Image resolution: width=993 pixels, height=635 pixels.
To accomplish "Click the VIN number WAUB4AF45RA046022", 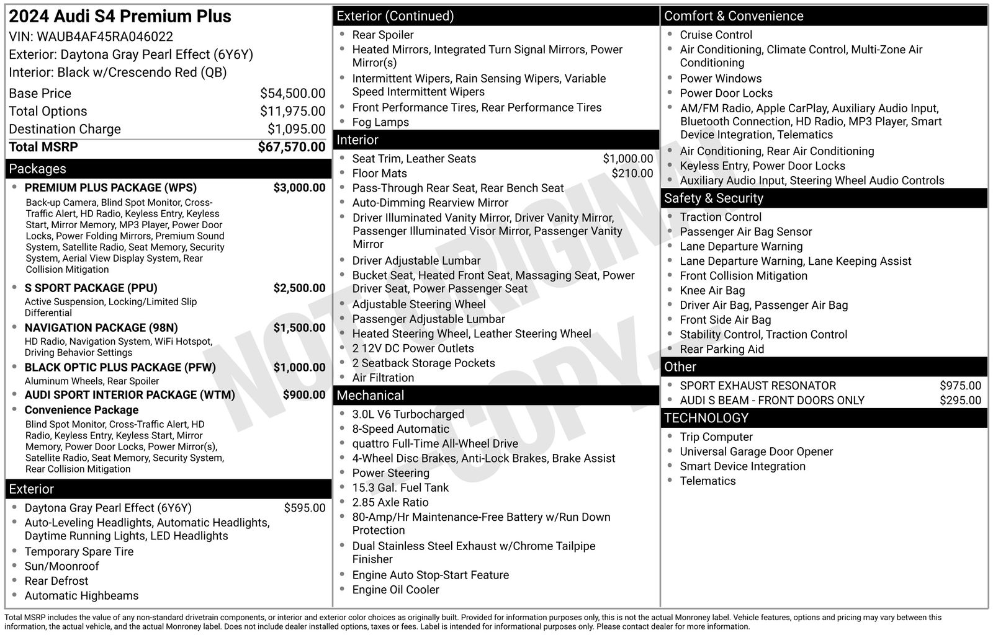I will tap(105, 37).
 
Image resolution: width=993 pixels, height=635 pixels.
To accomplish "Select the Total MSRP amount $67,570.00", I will tap(291, 147).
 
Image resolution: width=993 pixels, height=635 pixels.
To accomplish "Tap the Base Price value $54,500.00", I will tap(292, 94).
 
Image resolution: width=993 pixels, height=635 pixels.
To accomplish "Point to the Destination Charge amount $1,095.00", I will tap(296, 129).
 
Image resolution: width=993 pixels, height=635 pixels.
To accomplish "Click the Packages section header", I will tap(37, 169).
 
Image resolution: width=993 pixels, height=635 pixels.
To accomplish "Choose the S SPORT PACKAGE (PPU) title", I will tap(91, 288).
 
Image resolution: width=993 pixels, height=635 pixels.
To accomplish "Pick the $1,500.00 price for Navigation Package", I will tap(299, 327).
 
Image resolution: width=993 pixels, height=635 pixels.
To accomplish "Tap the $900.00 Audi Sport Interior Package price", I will tap(303, 394).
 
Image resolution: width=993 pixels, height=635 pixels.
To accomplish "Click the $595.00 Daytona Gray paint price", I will tap(304, 508).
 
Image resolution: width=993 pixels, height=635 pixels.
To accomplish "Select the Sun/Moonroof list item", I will tap(61, 566).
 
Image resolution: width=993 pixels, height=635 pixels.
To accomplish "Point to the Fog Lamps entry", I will tap(380, 122).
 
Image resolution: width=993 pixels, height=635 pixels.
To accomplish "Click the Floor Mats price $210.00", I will tap(632, 174).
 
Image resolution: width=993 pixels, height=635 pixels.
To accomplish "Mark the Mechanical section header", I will tap(370, 395).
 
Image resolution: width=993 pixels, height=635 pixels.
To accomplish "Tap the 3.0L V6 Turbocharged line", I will tap(408, 414).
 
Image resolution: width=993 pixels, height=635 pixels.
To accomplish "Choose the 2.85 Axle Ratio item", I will tap(390, 502).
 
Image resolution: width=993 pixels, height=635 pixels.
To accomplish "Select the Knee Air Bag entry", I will tap(712, 290).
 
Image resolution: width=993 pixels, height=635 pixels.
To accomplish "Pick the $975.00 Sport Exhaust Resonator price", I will tap(960, 386).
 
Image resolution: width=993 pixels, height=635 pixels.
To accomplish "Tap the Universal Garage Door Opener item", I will tap(756, 451).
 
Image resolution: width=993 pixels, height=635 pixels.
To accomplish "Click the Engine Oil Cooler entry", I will tap(395, 590).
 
